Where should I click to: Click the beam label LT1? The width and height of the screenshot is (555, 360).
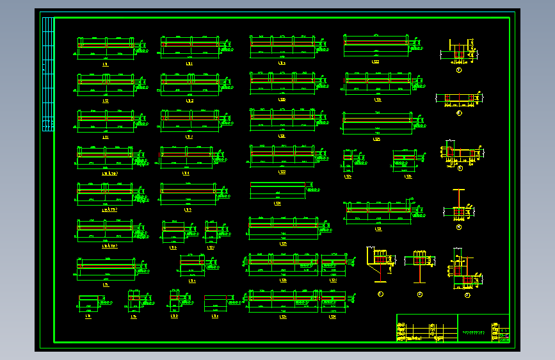pyautogui.click(x=104, y=64)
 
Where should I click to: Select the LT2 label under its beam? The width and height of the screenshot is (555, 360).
pyautogui.click(x=104, y=101)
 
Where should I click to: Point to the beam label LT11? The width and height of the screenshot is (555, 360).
pyautogui.click(x=189, y=64)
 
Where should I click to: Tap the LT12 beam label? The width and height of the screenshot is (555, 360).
pyautogui.click(x=189, y=101)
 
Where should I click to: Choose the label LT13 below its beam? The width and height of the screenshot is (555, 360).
pyautogui.click(x=189, y=136)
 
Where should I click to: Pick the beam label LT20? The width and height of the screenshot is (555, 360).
pyautogui.click(x=282, y=63)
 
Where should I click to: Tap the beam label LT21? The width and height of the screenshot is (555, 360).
pyautogui.click(x=282, y=100)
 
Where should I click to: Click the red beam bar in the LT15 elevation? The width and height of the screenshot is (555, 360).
pyautogui.click(x=187, y=190)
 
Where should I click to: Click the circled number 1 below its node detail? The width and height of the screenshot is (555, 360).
pyautogui.click(x=459, y=70)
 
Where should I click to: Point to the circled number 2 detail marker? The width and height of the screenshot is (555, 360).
pyautogui.click(x=459, y=113)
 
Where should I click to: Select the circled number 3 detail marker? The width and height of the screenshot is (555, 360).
pyautogui.click(x=460, y=168)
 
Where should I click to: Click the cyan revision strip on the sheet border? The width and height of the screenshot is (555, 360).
pyautogui.click(x=47, y=74)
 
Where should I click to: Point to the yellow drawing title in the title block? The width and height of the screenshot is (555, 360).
pyautogui.click(x=474, y=333)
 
